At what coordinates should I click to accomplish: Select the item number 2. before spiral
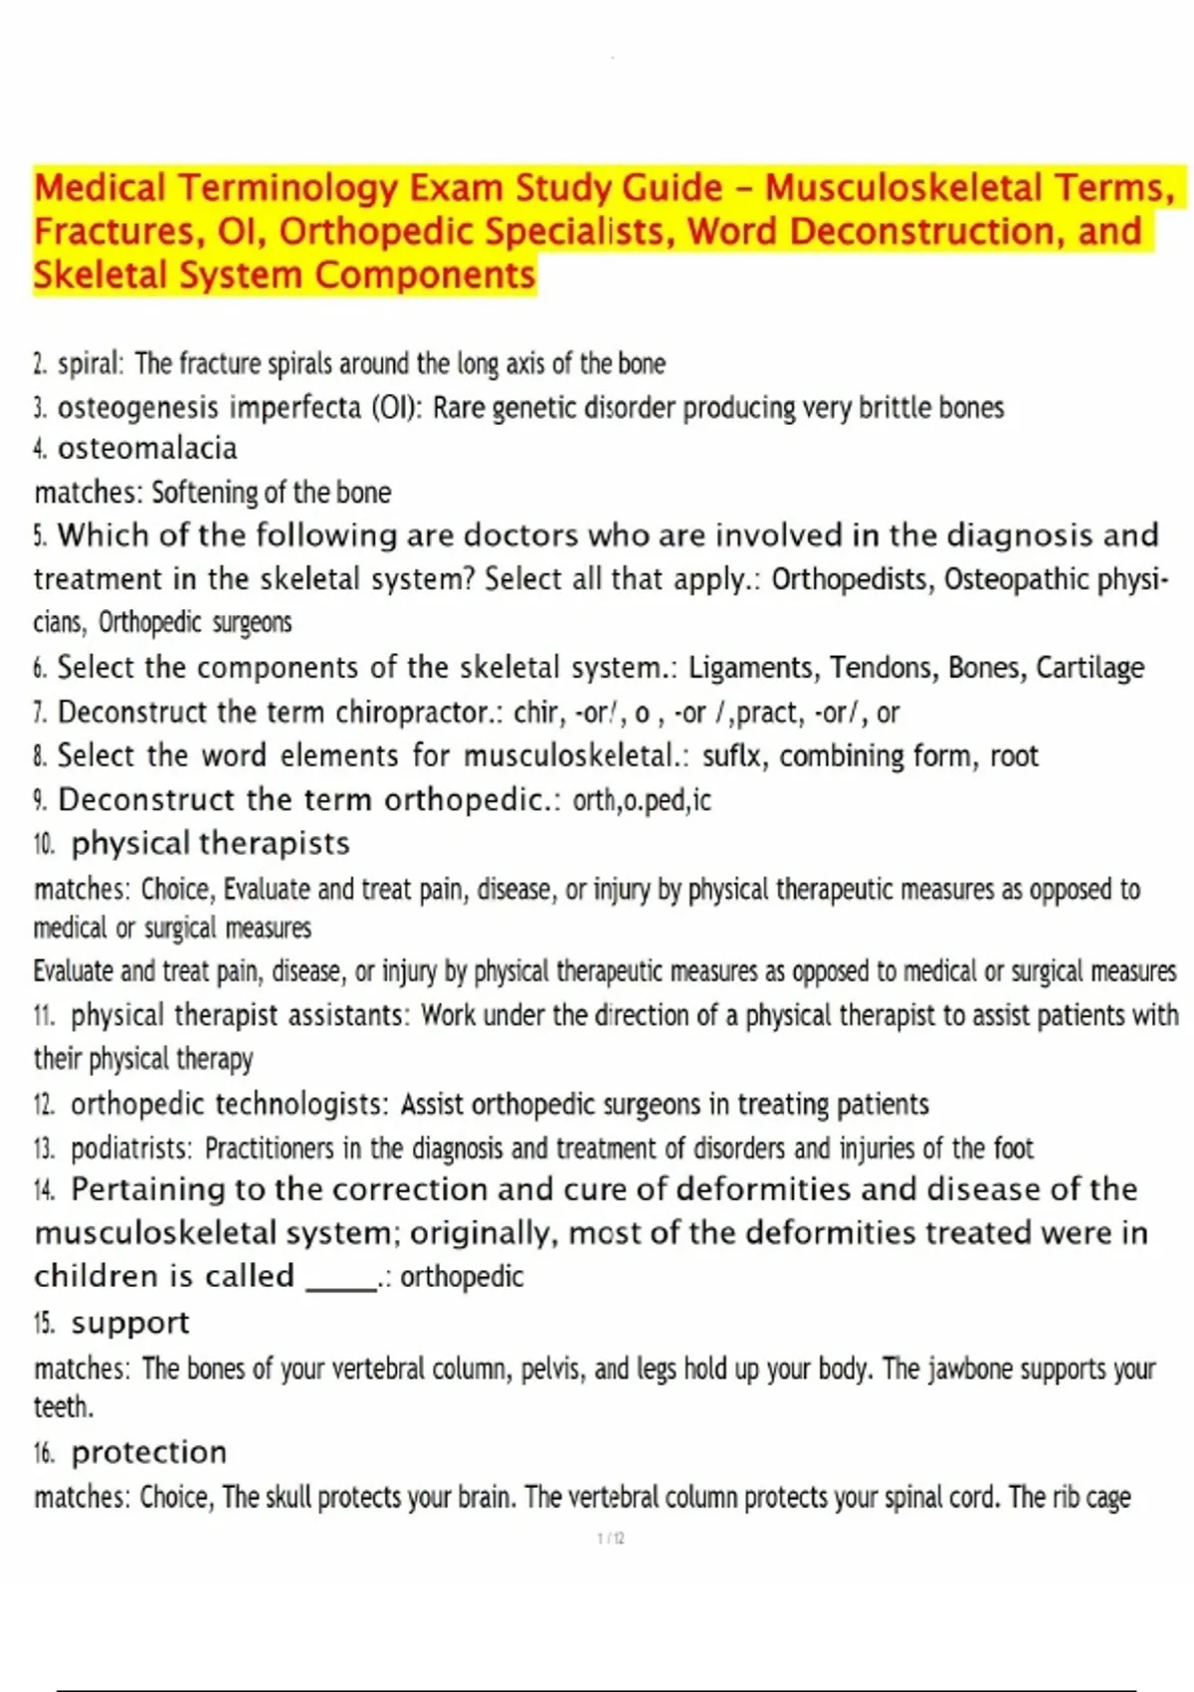tap(40, 364)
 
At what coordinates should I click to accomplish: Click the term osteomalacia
tap(147, 449)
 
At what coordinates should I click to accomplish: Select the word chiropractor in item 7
tap(418, 713)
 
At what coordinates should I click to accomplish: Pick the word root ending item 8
tap(1014, 756)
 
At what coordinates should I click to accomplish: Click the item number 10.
tap(44, 845)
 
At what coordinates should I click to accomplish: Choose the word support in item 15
tap(130, 1323)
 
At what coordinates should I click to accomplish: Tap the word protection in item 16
tap(149, 1453)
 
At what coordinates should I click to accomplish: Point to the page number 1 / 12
tap(611, 1539)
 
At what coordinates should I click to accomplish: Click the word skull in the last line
tap(290, 1498)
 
